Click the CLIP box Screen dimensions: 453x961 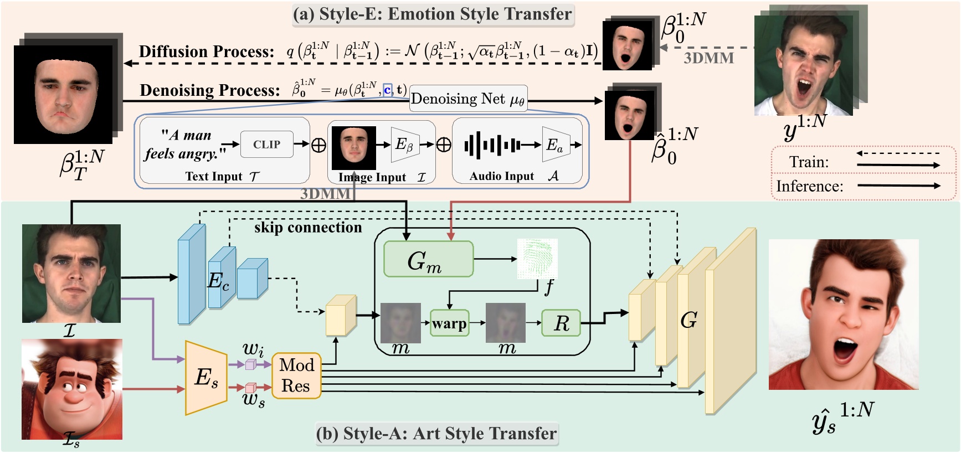click(x=266, y=145)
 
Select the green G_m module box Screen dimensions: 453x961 click(x=428, y=259)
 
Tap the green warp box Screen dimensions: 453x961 click(x=449, y=323)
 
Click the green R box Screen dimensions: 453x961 click(x=561, y=323)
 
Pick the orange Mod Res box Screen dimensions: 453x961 click(x=296, y=375)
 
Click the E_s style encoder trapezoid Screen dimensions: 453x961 click(x=206, y=378)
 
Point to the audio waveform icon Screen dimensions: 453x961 click(x=492, y=145)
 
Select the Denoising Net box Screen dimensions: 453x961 click(x=468, y=99)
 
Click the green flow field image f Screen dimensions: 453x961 click(x=537, y=259)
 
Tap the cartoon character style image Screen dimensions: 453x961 click(x=71, y=389)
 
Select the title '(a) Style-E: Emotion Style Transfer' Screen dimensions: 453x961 click(x=433, y=14)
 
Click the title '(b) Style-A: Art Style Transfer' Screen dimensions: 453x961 click(x=436, y=434)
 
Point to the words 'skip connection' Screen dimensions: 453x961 click(x=308, y=228)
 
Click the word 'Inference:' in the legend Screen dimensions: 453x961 click(x=809, y=186)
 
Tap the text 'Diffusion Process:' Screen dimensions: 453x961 click(x=207, y=52)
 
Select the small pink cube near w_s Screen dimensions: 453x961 click(x=250, y=388)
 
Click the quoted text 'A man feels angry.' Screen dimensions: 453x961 click(x=186, y=145)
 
